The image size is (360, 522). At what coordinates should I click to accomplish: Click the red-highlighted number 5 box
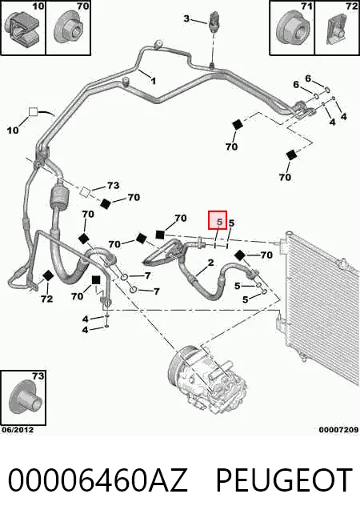coord(218,220)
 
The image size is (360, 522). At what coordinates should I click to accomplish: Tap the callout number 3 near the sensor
coord(186,18)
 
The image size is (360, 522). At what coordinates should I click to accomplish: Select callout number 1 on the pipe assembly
coord(154,81)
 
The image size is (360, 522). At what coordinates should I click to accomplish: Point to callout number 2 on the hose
coord(210,263)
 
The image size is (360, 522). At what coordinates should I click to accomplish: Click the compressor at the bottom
coord(206,378)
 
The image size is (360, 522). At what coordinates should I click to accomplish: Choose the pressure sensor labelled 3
coord(213,21)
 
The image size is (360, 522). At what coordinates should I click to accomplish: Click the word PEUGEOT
coord(285,480)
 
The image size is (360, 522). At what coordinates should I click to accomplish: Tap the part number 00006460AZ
coord(98,480)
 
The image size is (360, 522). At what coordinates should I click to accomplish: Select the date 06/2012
coord(18,430)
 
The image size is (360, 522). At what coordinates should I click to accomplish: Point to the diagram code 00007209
coord(338,430)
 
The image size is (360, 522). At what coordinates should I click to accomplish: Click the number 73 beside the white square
coord(113,186)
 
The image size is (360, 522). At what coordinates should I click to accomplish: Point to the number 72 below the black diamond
coord(47,299)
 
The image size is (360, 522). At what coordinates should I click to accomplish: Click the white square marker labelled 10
coord(34,112)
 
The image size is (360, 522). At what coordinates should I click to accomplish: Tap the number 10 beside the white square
coord(13,130)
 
